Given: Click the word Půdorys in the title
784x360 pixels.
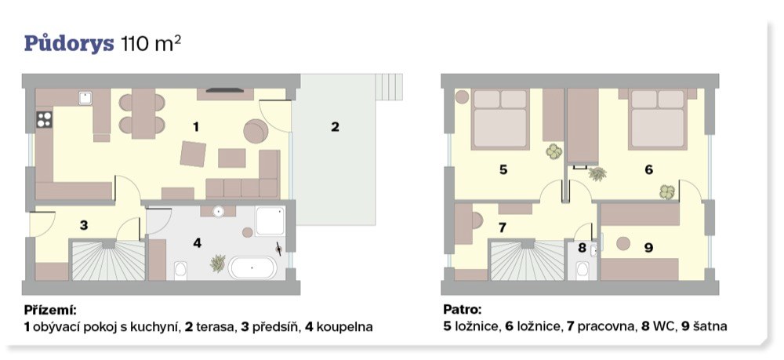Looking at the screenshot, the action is pyautogui.click(x=70, y=44).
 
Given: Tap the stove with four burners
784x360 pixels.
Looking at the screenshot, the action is pyautogui.click(x=44, y=119).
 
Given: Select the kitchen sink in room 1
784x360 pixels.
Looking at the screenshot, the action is pyautogui.click(x=85, y=98).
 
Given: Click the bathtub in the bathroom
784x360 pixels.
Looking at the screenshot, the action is pyautogui.click(x=252, y=268).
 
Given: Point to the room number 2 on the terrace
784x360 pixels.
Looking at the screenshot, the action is pyautogui.click(x=335, y=127).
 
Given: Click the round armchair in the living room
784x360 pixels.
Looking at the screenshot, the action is pyautogui.click(x=256, y=131).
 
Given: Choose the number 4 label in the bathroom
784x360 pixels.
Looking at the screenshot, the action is pyautogui.click(x=198, y=243).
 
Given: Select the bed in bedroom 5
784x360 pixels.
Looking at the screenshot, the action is pyautogui.click(x=500, y=119).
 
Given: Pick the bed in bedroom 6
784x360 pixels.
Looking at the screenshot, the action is pyautogui.click(x=658, y=119).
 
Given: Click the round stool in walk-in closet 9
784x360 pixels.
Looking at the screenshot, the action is pyautogui.click(x=623, y=243).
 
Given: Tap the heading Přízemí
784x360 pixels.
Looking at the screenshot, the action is pyautogui.click(x=50, y=310).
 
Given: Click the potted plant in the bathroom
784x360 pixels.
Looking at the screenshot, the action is pyautogui.click(x=218, y=263).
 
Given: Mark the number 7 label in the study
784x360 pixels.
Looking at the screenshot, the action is pyautogui.click(x=503, y=227).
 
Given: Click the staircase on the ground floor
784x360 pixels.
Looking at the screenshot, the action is pyautogui.click(x=108, y=260).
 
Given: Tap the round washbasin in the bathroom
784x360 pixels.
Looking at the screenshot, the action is pyautogui.click(x=218, y=211).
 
